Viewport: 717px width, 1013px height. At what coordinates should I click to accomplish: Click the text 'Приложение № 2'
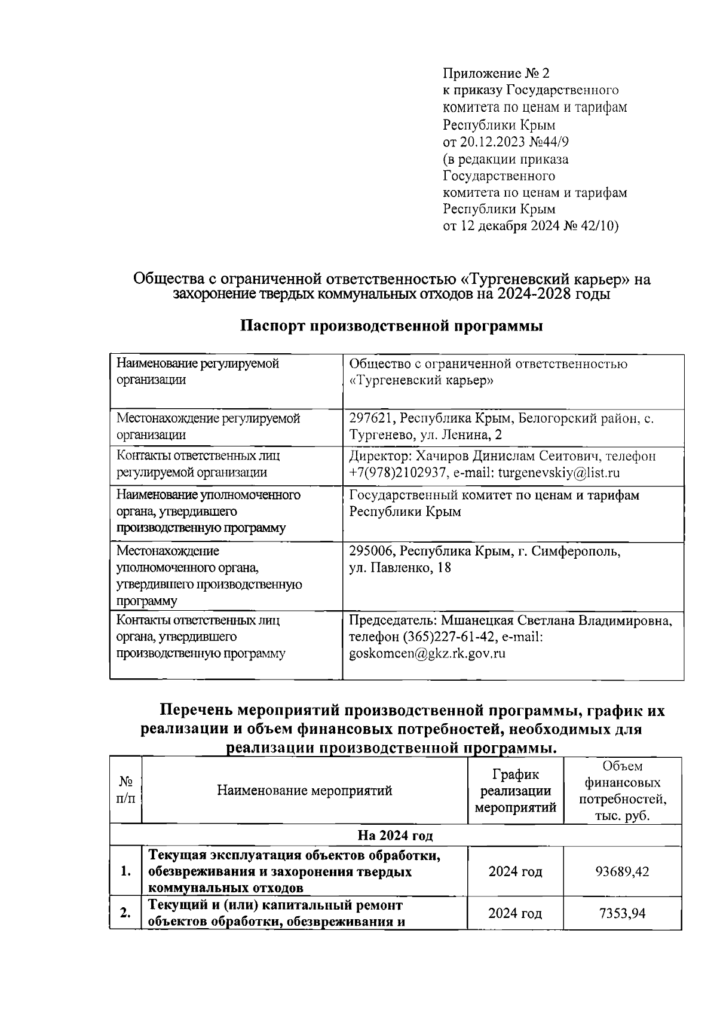click(495, 74)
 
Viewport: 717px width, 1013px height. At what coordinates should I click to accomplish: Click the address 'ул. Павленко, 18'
click(400, 568)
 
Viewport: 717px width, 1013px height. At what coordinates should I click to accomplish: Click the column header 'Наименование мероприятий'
click(304, 791)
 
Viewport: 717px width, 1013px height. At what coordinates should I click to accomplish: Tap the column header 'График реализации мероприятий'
click(515, 791)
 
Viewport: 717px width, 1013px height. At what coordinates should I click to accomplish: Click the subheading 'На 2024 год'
click(395, 835)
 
